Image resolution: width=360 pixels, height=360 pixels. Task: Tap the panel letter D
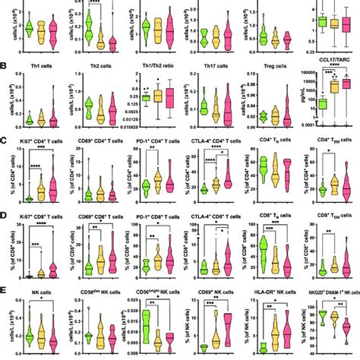(5, 214)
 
